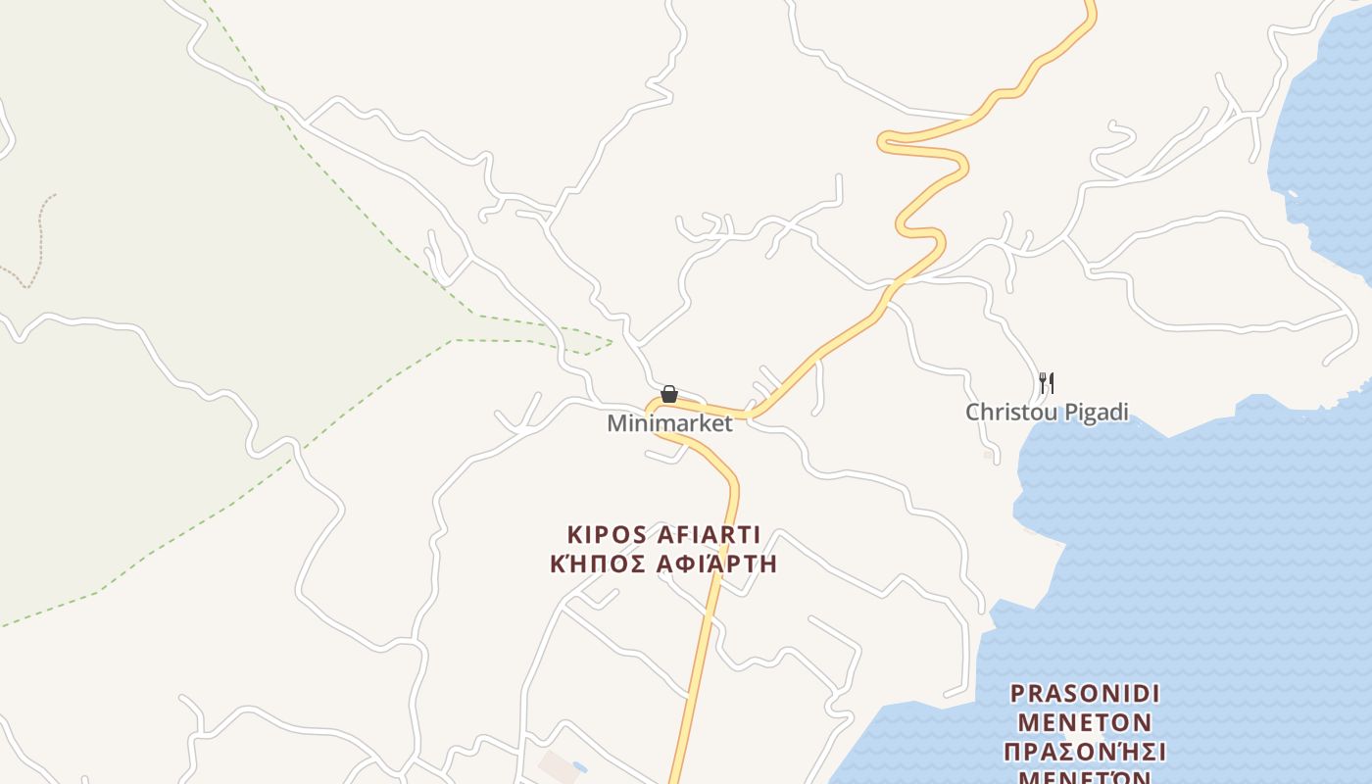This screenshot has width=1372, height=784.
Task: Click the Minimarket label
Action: coord(669,423)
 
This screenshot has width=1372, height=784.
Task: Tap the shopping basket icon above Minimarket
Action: coord(669,395)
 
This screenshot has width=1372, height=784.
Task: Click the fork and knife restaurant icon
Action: coord(1047,382)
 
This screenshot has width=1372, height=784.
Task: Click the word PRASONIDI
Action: coord(1085,694)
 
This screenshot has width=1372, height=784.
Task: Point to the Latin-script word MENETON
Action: coord(1085,723)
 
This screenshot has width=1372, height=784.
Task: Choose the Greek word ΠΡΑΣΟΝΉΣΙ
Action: coord(1085,753)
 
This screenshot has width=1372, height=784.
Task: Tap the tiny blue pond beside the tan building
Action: coord(578,766)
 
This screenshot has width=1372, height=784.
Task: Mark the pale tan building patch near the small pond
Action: coord(560,765)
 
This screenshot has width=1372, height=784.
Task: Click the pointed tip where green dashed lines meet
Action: coord(612,341)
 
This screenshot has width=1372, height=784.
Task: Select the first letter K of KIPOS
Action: coord(574,535)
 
